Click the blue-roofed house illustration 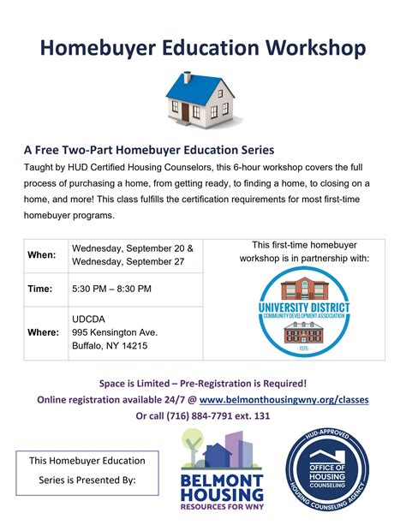click(202, 97)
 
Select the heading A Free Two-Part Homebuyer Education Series click(148, 148)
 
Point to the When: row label click(42, 255)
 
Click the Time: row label click(40, 289)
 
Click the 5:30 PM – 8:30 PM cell click(111, 289)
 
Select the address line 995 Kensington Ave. click(115, 331)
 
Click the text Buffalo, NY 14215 click(110, 346)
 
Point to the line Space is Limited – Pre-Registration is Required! click(203, 382)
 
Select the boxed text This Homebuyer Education click(87, 461)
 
